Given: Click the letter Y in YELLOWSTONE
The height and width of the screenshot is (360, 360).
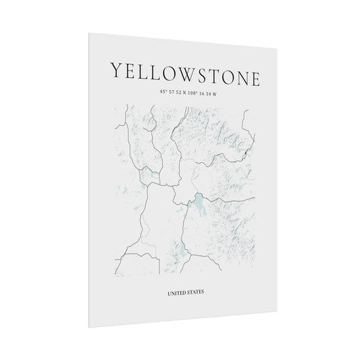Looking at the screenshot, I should click(116, 71).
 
